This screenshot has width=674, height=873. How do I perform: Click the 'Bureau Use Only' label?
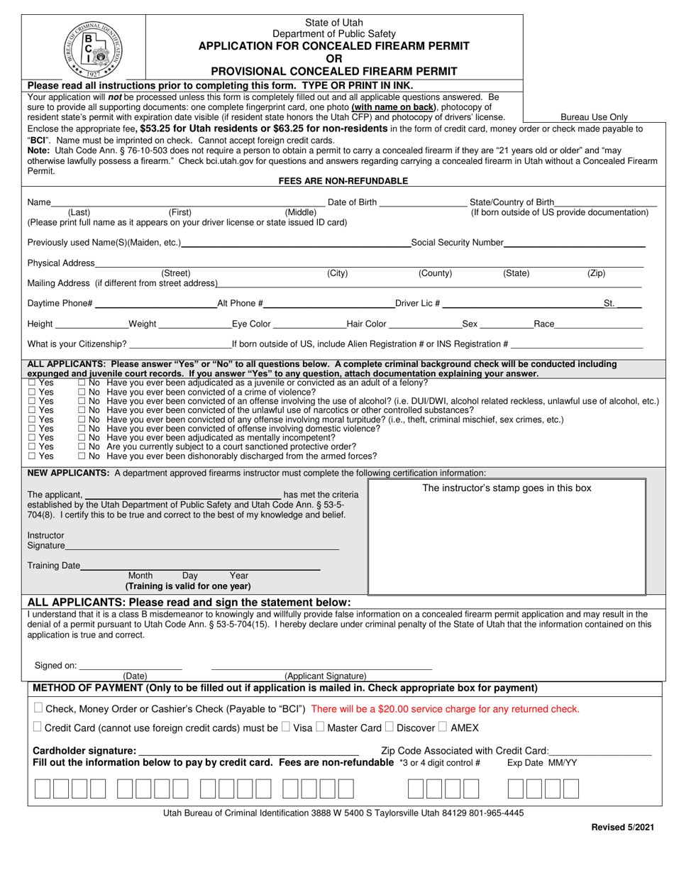click(x=594, y=117)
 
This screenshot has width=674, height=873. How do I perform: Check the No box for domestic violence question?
click(x=82, y=429)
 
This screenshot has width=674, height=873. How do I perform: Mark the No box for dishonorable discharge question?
click(x=82, y=456)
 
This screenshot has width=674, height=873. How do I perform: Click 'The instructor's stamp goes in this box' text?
click(x=506, y=488)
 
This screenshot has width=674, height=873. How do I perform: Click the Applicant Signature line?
click(x=321, y=669)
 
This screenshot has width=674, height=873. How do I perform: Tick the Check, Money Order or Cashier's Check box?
click(x=38, y=708)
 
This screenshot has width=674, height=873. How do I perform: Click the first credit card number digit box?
click(x=42, y=789)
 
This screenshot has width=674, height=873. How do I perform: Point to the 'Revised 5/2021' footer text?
click(x=622, y=827)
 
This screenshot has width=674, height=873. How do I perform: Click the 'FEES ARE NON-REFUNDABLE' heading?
click(x=343, y=181)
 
